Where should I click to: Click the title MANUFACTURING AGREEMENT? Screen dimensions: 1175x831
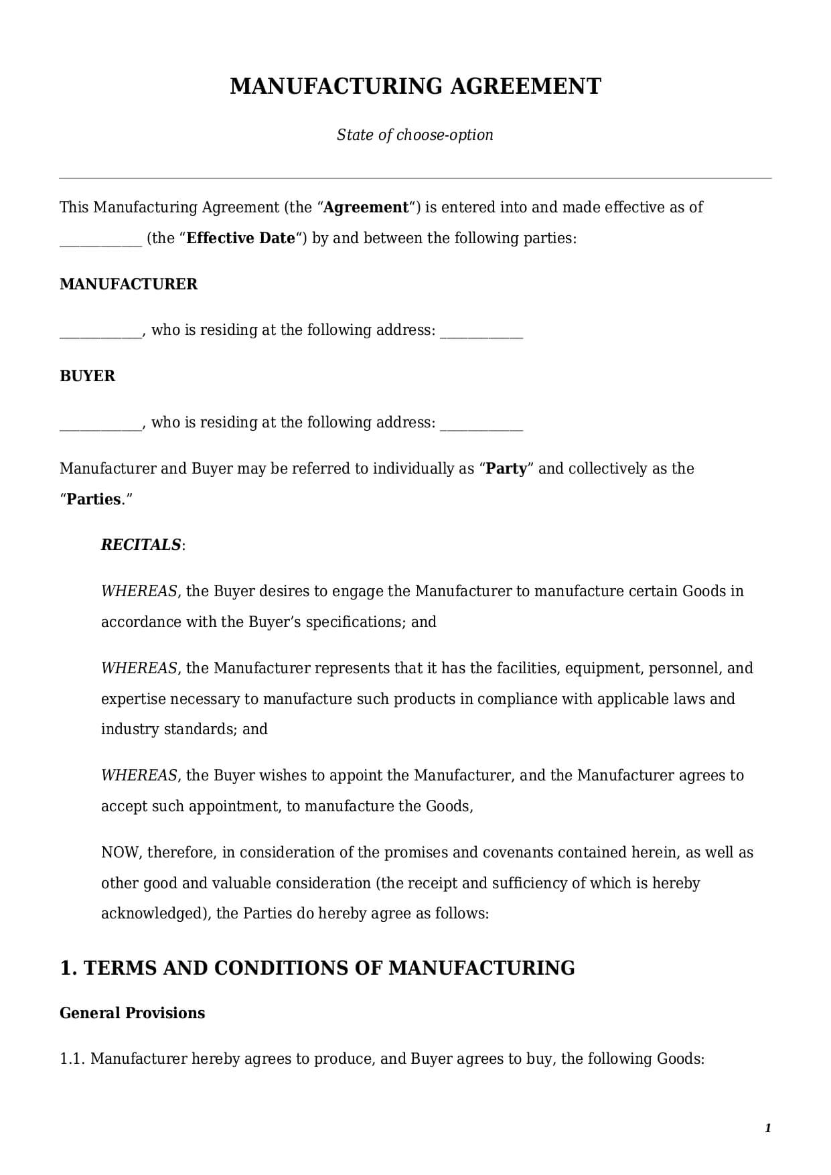coord(415,86)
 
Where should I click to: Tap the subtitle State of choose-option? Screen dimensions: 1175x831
coord(415,135)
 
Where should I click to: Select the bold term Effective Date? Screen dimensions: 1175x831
coord(240,238)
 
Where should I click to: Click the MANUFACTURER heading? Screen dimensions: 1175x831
coord(129,284)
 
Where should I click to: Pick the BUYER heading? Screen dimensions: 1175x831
coord(87,376)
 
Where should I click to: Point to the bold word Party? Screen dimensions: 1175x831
coord(506,468)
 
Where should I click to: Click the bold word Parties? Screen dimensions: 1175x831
coord(94,499)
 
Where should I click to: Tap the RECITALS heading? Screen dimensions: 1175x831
coord(141,545)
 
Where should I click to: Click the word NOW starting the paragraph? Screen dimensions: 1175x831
coord(120,852)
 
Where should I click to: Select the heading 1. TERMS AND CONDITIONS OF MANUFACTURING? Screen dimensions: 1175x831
coord(317,968)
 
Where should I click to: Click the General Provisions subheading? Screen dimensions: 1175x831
coord(132,1013)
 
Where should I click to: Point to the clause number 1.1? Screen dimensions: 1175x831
coord(72,1058)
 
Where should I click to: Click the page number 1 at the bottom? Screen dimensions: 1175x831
coord(767,1128)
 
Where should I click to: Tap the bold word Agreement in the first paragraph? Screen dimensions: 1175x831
coord(366,208)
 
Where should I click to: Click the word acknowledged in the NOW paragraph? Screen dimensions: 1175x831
coord(155,914)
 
